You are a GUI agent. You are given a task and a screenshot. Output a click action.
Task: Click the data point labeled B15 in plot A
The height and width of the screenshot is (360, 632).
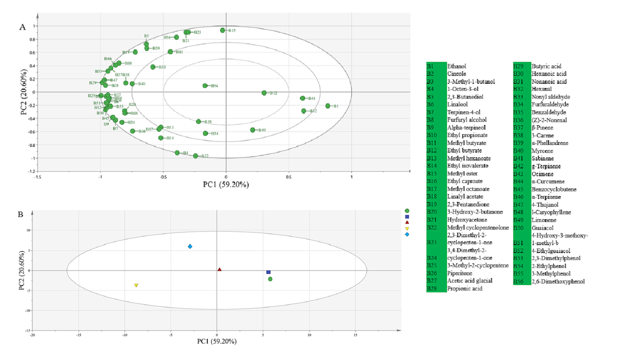pos(222,30)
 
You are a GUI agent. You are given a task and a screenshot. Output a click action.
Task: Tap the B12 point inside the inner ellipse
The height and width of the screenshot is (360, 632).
pos(264,93)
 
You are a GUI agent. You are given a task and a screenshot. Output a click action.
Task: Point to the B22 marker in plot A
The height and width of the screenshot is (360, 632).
pos(195,156)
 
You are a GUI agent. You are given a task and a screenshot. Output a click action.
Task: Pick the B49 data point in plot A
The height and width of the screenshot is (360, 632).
pos(252,130)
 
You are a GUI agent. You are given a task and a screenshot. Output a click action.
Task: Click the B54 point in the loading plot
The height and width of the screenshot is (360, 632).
pos(205,86)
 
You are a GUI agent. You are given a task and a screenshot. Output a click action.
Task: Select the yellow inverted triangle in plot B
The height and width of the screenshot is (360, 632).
pos(136,285)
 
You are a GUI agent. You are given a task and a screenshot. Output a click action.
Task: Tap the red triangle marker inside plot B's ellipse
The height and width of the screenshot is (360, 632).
pos(219,269)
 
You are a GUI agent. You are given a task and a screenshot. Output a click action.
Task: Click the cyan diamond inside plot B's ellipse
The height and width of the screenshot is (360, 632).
pos(190,246)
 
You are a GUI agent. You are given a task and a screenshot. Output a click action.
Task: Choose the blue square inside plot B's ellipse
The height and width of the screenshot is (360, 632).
pos(268,272)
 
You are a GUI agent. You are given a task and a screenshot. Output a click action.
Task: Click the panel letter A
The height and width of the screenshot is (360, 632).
pos(22,27)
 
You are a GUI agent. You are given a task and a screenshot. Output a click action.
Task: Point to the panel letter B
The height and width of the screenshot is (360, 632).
pos(20,214)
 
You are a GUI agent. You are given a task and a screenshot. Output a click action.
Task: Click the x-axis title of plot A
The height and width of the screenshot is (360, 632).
pos(226,184)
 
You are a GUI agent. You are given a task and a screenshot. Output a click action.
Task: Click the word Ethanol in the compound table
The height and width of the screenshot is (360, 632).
pos(457,66)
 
